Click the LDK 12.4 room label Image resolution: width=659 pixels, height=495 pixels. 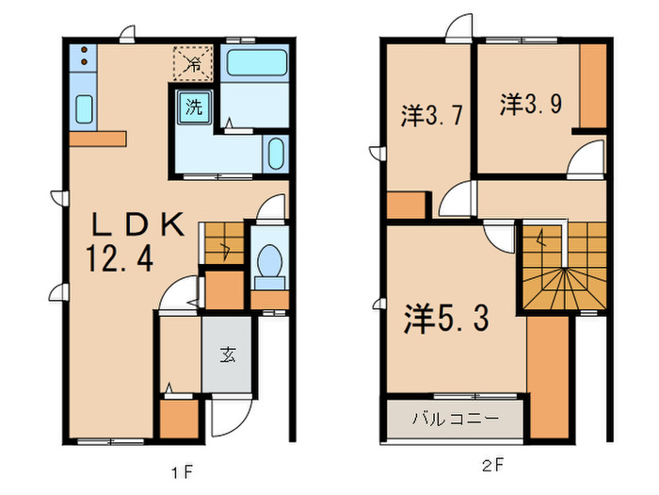click(x=136, y=241)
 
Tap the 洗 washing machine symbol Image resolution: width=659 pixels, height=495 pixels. click(x=194, y=107)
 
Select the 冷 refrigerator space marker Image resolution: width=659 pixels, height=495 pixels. click(x=193, y=63)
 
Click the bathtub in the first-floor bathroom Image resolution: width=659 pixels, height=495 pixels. click(x=257, y=62)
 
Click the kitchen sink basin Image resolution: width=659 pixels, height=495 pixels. click(x=84, y=109)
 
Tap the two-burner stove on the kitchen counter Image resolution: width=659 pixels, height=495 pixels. click(x=83, y=57)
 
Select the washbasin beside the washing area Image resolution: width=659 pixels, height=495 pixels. click(x=276, y=154)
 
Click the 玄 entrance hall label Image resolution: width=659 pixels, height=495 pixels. click(x=227, y=355)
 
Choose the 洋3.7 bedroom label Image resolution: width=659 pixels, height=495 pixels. click(x=432, y=116)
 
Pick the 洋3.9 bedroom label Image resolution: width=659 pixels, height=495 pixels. click(x=531, y=104)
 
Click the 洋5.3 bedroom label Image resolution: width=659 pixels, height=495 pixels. click(x=446, y=319)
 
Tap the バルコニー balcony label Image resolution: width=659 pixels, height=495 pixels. click(x=456, y=419)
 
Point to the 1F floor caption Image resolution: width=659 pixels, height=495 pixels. click(x=183, y=472)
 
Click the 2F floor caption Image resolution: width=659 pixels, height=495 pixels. click(x=492, y=466)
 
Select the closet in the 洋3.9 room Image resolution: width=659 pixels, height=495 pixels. click(x=593, y=86)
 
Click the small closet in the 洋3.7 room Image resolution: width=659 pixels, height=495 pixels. click(x=407, y=206)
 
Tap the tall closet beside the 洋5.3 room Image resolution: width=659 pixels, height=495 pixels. click(x=548, y=377)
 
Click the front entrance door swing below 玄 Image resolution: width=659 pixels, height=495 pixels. click(x=230, y=417)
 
